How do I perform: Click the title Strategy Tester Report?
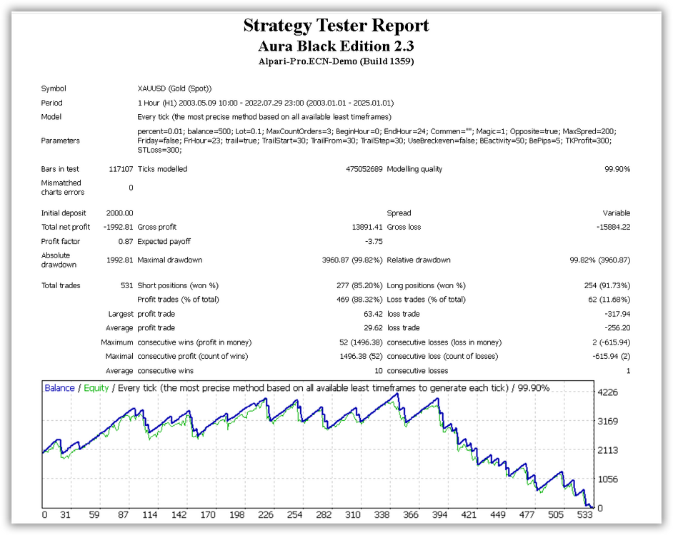(336, 25)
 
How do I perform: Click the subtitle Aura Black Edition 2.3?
(336, 46)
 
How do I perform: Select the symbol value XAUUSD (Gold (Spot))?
(174, 88)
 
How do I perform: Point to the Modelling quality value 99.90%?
(617, 169)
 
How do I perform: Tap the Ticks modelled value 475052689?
(364, 169)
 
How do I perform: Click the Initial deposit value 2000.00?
(120, 213)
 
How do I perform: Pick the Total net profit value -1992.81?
(119, 227)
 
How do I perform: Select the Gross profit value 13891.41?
(367, 227)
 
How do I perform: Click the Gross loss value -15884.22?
(613, 227)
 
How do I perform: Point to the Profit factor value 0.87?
(126, 241)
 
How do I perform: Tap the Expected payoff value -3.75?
(374, 241)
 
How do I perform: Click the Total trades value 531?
(127, 285)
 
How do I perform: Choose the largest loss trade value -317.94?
(617, 314)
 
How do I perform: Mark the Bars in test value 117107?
(121, 169)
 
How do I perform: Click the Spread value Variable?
(617, 213)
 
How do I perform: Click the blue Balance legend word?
(60, 388)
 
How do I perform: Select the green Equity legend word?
(96, 388)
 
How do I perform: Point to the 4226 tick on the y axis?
(608, 392)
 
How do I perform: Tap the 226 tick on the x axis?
(266, 514)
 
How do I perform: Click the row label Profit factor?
(61, 241)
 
